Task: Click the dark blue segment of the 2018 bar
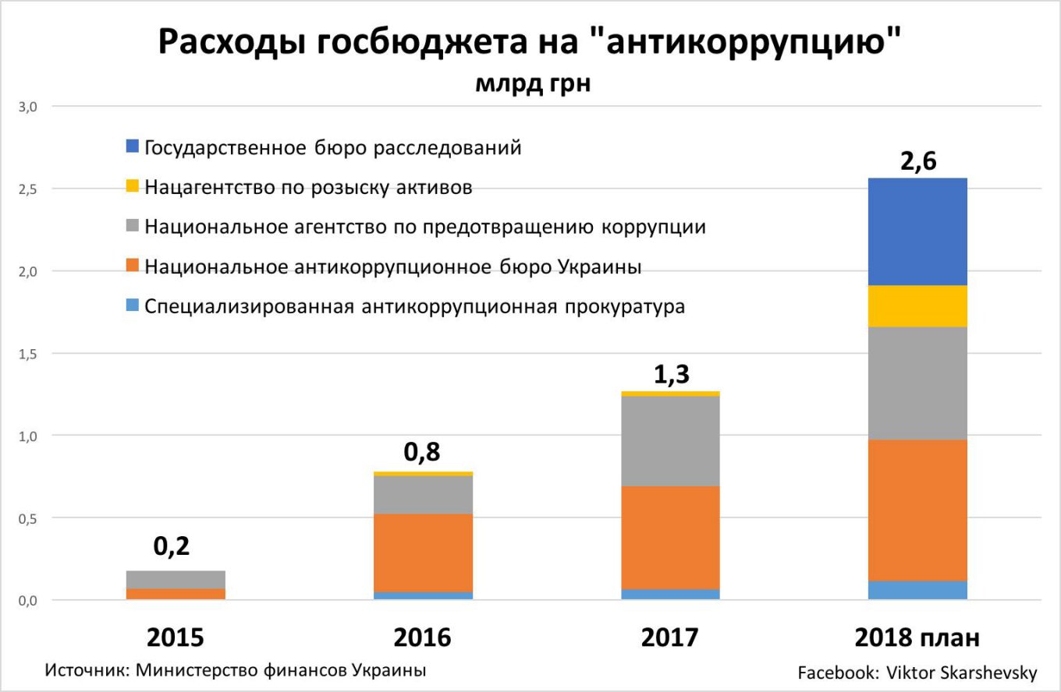[917, 231]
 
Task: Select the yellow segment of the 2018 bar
[917, 305]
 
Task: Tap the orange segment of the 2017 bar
[670, 537]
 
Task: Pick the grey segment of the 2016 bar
[423, 494]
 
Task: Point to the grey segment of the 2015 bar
[176, 579]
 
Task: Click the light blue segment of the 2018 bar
[917, 590]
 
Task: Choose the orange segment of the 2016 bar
[423, 553]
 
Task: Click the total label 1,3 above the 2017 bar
[670, 375]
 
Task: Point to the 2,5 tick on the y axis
[28, 189]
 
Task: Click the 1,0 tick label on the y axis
[28, 436]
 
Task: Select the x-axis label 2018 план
[917, 637]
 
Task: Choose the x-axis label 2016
[423, 637]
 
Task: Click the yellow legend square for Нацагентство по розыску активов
[132, 186]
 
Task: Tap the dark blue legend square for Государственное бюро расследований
[132, 146]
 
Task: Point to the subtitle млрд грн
[533, 83]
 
